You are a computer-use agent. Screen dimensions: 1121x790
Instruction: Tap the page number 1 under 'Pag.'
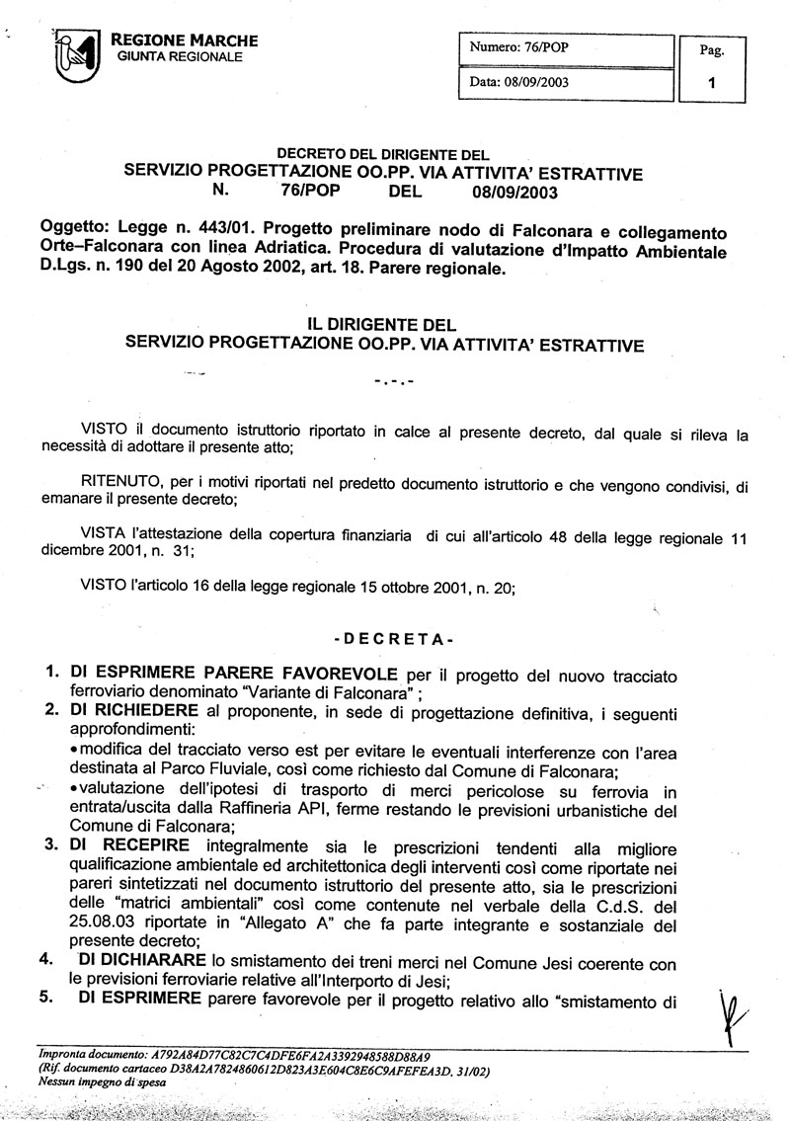pyautogui.click(x=712, y=84)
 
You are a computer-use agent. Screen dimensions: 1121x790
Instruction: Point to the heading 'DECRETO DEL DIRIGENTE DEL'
pyautogui.click(x=383, y=154)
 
